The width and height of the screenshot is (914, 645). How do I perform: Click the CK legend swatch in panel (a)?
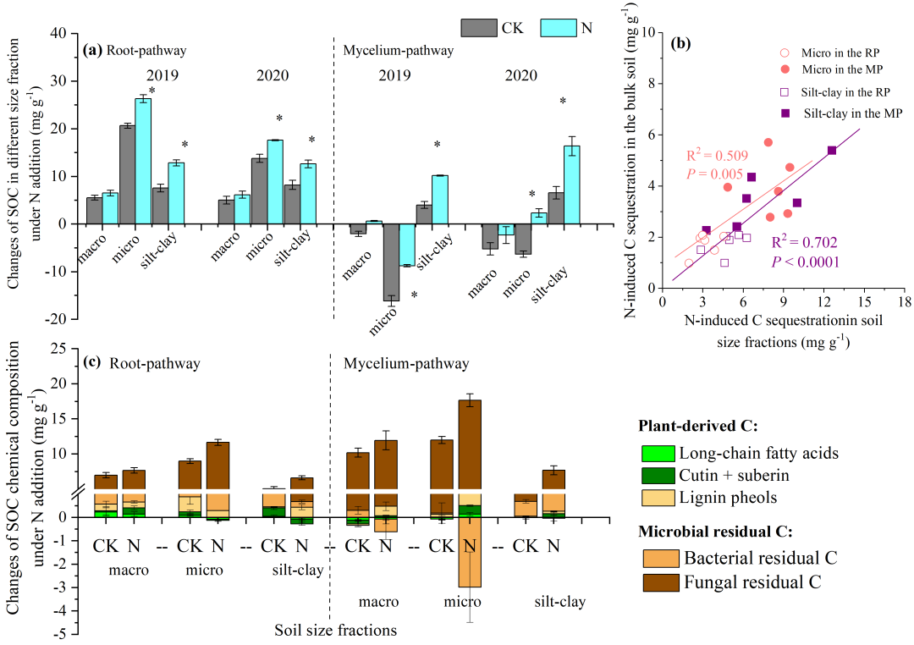click(x=479, y=28)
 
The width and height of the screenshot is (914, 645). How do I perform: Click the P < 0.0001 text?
click(x=805, y=262)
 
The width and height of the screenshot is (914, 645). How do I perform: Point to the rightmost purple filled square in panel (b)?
click(x=832, y=150)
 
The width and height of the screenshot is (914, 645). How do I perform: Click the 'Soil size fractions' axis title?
click(x=335, y=630)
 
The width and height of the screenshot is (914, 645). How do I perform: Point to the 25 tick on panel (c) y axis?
click(x=59, y=349)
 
